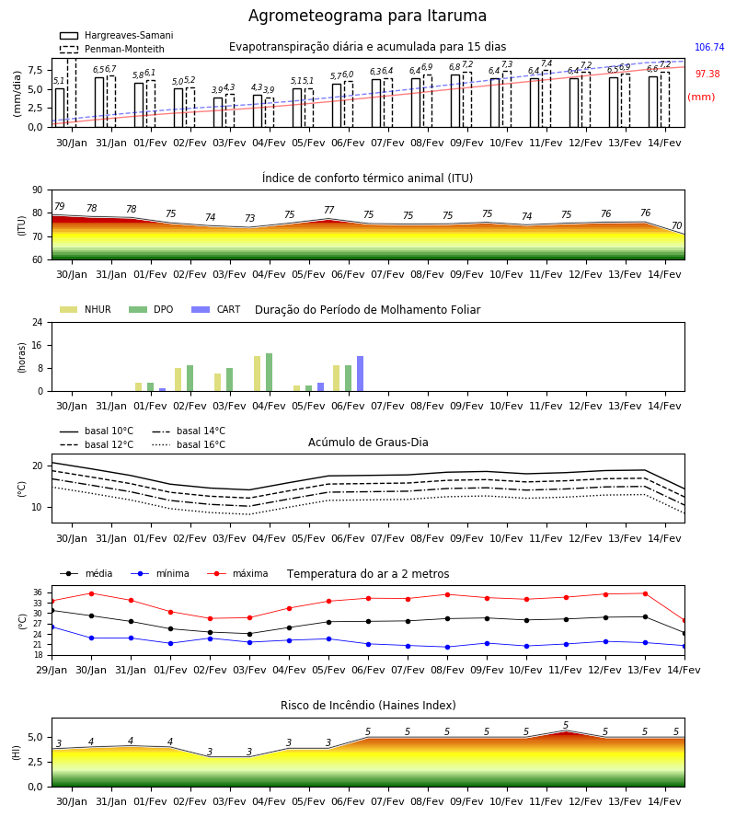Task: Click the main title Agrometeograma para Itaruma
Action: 367,16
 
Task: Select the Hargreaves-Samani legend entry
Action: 116,35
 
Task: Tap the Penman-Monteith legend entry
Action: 112,49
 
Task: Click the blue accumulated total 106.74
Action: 709,47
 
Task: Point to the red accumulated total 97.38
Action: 707,74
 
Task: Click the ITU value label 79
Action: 59,206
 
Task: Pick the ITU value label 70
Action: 676,226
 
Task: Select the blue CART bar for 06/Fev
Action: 360,374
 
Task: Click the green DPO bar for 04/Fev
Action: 270,373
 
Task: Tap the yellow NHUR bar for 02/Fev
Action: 178,380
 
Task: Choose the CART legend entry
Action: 215,309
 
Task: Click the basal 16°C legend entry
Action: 189,444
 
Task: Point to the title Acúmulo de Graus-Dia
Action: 368,443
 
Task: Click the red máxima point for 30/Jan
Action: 91,593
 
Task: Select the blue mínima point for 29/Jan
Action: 52,627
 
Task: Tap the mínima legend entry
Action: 160,573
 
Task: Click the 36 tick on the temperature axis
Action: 38,592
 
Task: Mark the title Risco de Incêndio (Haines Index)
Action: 368,706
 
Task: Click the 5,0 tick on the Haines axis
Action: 35,738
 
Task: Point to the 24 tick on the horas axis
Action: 38,322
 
